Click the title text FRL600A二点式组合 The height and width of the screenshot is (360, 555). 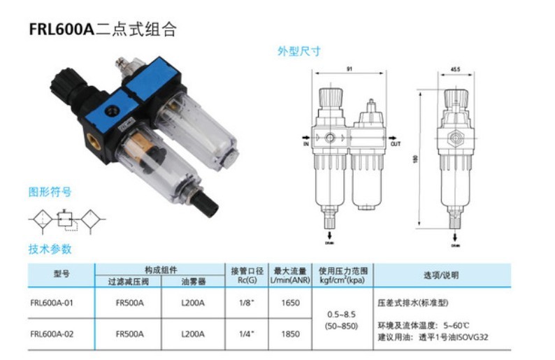pos(102,29)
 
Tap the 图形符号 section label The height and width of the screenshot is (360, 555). pos(50,192)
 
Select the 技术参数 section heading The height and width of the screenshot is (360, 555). pos(50,249)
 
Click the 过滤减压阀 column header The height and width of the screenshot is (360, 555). pos(129,281)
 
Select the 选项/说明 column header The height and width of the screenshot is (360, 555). pos(441,275)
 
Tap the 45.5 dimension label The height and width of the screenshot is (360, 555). pos(455,69)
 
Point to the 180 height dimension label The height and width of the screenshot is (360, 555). pos(416,160)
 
